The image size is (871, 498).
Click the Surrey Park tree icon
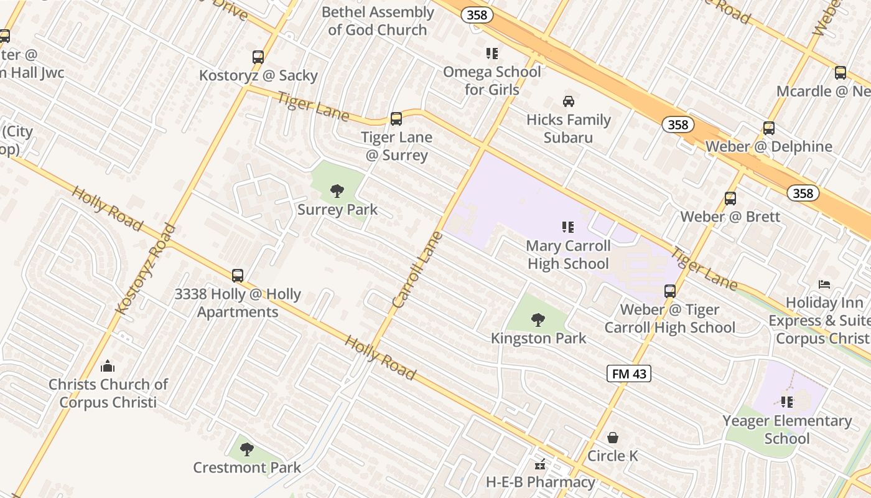[337, 191]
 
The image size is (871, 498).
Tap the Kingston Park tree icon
[538, 320]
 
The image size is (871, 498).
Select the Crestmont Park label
[247, 467]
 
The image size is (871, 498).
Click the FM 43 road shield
[629, 374]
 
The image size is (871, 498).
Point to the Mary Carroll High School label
[568, 255]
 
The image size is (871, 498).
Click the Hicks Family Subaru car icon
[569, 101]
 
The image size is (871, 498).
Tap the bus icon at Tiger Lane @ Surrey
[396, 119]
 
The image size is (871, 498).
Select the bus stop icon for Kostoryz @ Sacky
[258, 57]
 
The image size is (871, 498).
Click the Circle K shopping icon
[613, 438]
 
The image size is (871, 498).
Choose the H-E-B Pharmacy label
[540, 482]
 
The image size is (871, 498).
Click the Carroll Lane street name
[417, 270]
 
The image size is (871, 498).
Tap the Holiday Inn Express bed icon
[824, 284]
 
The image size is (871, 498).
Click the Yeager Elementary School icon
[787, 402]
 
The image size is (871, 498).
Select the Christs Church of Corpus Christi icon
[108, 365]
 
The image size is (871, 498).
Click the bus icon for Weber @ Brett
[730, 199]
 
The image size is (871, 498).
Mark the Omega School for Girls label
[491, 80]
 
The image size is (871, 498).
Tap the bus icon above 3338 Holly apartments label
[238, 275]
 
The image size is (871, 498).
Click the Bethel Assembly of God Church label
[378, 21]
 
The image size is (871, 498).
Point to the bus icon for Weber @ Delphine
[769, 128]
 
